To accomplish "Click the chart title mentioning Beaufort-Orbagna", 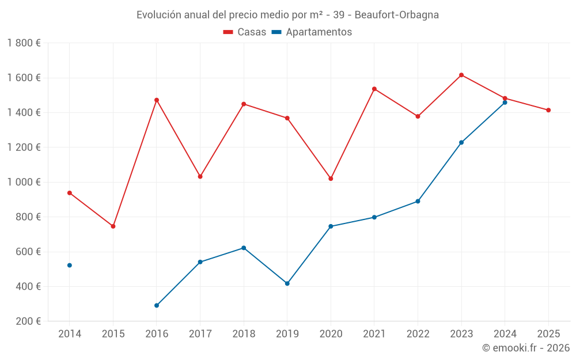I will tap(287, 14).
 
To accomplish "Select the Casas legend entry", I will tap(245, 32).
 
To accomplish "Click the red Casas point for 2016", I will tap(157, 100).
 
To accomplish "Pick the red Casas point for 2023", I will tap(461, 75).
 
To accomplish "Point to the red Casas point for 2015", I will tap(113, 226).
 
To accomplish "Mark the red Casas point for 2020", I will tap(331, 179).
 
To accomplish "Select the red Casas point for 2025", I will tap(548, 110).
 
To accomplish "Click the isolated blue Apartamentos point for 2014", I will tap(70, 266).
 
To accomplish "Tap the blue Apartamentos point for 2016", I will tap(157, 305).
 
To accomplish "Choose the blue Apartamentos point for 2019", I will tap(287, 283).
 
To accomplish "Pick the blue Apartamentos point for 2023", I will tap(461, 142).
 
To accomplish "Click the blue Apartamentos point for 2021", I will tap(374, 217).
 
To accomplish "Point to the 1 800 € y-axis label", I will tap(24, 43).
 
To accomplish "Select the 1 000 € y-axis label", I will tap(24, 182).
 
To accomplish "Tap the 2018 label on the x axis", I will tap(244, 334).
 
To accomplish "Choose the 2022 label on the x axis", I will tap(418, 334).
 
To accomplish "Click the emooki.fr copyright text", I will tap(525, 348).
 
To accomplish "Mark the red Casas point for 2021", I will tap(374, 89).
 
